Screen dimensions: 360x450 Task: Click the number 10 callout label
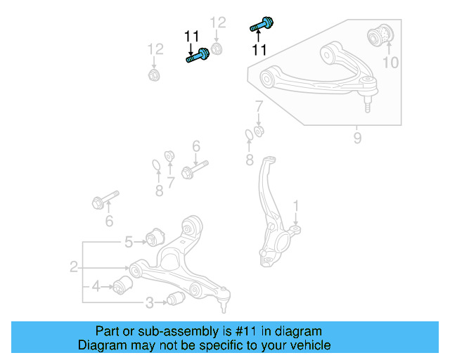(390, 63)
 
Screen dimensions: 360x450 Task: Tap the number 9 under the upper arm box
(357, 139)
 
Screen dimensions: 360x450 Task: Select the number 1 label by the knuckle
(296, 205)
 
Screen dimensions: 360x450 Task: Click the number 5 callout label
(129, 243)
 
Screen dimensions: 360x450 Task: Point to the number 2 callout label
(73, 267)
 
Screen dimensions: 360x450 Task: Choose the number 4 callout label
(96, 286)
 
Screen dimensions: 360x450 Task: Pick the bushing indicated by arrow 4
(124, 286)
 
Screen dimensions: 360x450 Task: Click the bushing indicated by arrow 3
(176, 300)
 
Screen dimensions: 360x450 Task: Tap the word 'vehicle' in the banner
(307, 345)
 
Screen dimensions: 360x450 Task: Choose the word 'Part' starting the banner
(108, 331)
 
